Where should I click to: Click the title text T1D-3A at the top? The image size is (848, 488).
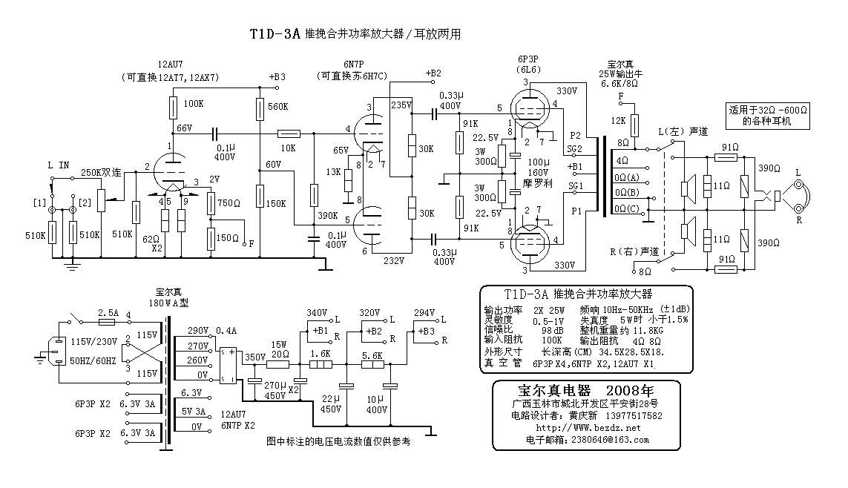[275, 34]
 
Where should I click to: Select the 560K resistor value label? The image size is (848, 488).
[278, 106]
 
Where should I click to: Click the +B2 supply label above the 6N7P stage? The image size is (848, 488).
[433, 73]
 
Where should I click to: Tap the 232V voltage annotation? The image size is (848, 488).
[394, 260]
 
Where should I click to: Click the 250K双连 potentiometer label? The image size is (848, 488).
[100, 171]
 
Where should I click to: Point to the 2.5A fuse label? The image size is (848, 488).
[108, 312]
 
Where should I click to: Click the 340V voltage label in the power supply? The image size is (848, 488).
[317, 312]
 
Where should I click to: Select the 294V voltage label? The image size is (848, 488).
[424, 312]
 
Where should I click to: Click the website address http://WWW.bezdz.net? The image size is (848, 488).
[578, 428]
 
